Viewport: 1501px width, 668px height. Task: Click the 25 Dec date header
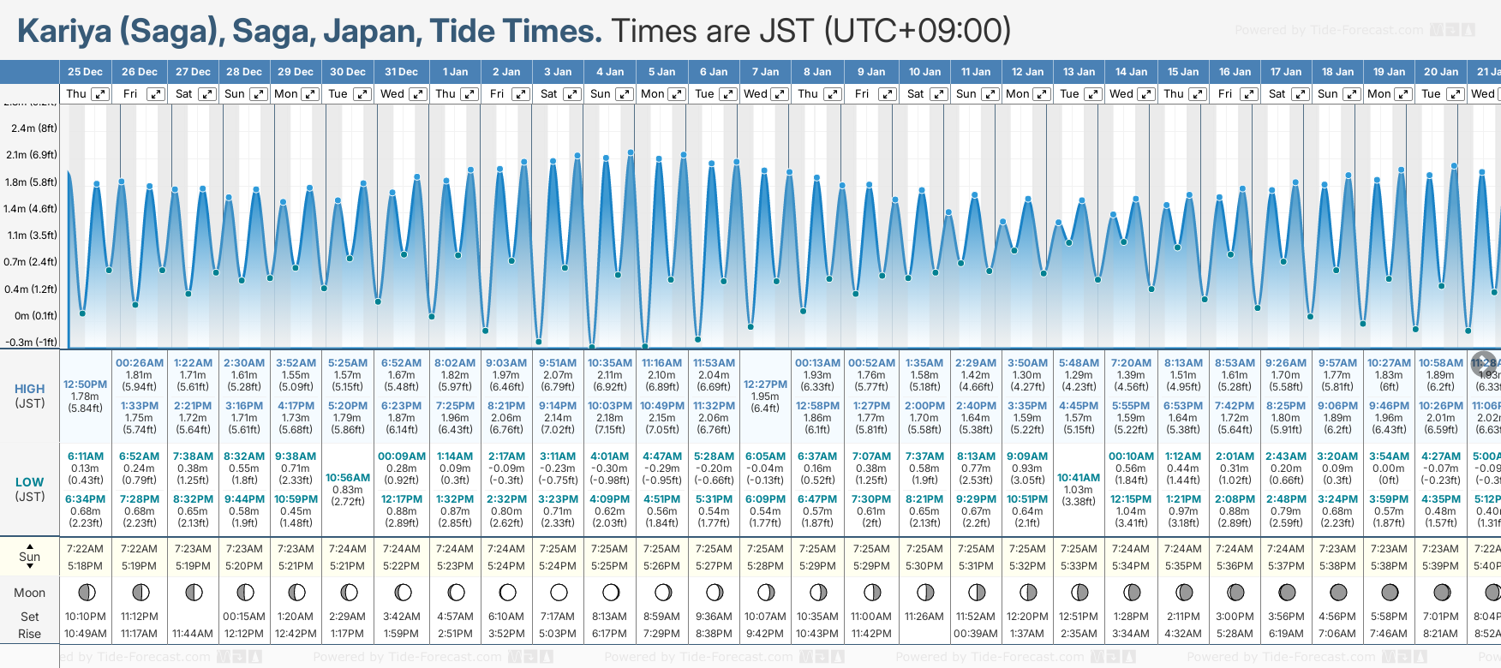tap(85, 72)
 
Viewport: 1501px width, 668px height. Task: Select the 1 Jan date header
tap(455, 72)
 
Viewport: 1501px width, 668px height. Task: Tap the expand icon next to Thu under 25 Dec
tap(100, 94)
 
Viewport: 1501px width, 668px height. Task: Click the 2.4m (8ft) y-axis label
tap(33, 128)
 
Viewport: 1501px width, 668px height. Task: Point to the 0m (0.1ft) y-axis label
tap(35, 316)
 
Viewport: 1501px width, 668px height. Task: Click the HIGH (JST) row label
tap(29, 396)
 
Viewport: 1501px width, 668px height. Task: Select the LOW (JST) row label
tap(29, 489)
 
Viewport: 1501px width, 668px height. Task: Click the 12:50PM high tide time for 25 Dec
tap(85, 385)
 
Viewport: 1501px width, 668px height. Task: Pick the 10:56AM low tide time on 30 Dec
tap(348, 478)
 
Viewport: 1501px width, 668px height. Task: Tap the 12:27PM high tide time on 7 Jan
tap(765, 385)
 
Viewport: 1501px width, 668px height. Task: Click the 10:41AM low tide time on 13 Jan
tap(1079, 478)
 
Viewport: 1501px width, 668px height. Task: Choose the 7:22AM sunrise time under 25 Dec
tap(85, 549)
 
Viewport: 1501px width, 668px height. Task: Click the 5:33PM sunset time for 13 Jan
tap(1079, 566)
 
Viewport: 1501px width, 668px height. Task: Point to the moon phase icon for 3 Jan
tap(559, 592)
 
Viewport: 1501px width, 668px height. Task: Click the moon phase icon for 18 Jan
tap(1337, 592)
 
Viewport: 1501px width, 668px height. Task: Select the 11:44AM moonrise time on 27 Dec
tap(193, 634)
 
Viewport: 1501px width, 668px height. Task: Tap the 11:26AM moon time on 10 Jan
tap(924, 617)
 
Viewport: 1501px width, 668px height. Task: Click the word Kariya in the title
tap(64, 32)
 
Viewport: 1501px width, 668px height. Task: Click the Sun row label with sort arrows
tap(29, 557)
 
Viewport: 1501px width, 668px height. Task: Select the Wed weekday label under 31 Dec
tap(392, 94)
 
